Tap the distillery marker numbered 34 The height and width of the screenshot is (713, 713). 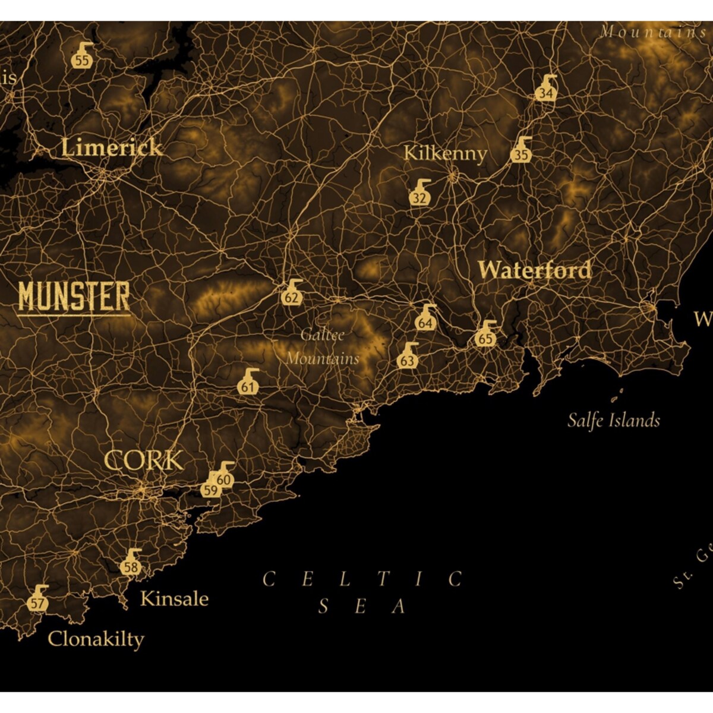[546, 89]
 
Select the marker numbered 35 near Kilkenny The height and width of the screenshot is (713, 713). [521, 151]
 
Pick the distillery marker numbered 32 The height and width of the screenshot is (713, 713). [419, 194]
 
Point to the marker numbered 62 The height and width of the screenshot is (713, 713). [291, 294]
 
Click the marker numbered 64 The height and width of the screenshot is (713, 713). [425, 319]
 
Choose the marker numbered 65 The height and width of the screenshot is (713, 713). [485, 335]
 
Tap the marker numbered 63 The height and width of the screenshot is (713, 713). [408, 356]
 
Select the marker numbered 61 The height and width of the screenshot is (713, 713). [248, 383]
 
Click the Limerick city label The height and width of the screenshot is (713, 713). [112, 147]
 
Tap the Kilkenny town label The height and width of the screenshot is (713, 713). [445, 153]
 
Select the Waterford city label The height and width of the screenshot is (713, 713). [535, 270]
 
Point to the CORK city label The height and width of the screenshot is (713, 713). [144, 460]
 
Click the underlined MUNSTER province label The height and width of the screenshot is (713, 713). [74, 297]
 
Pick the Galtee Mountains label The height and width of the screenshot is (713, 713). [323, 347]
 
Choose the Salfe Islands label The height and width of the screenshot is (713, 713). [613, 421]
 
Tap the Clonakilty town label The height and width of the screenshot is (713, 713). [96, 639]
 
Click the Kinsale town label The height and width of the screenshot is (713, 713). [174, 599]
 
